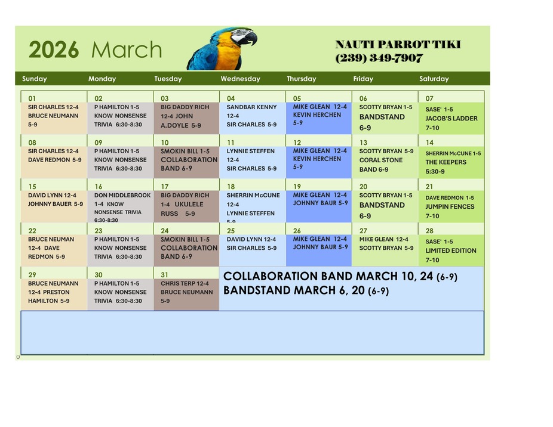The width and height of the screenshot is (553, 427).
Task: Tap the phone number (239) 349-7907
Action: (379, 58)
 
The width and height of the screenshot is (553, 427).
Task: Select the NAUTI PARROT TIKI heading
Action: (398, 45)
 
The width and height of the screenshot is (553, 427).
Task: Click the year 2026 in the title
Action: (54, 50)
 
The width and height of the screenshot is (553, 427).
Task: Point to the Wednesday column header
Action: (240, 79)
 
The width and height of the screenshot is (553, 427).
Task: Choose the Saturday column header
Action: (434, 79)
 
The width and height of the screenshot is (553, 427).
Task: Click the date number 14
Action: (429, 143)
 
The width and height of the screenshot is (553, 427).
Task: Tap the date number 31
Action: (164, 275)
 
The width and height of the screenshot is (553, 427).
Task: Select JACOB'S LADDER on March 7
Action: (451, 119)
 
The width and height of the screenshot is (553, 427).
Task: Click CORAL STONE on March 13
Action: (380, 160)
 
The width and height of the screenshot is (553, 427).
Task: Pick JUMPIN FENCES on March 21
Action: (450, 207)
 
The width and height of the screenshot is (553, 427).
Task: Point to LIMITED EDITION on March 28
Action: (451, 251)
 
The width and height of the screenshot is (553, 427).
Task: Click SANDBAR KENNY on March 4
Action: (251, 107)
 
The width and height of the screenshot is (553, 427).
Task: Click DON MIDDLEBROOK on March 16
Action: (122, 195)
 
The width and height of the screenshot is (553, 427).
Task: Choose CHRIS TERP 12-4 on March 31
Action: (185, 284)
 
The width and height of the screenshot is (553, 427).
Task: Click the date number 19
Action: (297, 187)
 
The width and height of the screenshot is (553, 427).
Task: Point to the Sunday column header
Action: (35, 79)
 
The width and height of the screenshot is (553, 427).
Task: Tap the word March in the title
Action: (126, 50)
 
